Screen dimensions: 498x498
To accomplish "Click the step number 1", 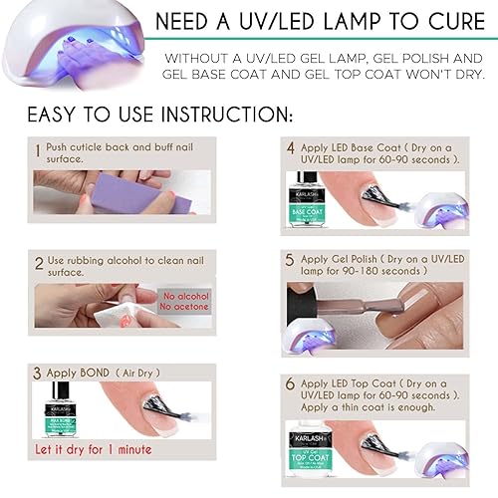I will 38,151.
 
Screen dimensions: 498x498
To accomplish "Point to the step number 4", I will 291,149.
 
